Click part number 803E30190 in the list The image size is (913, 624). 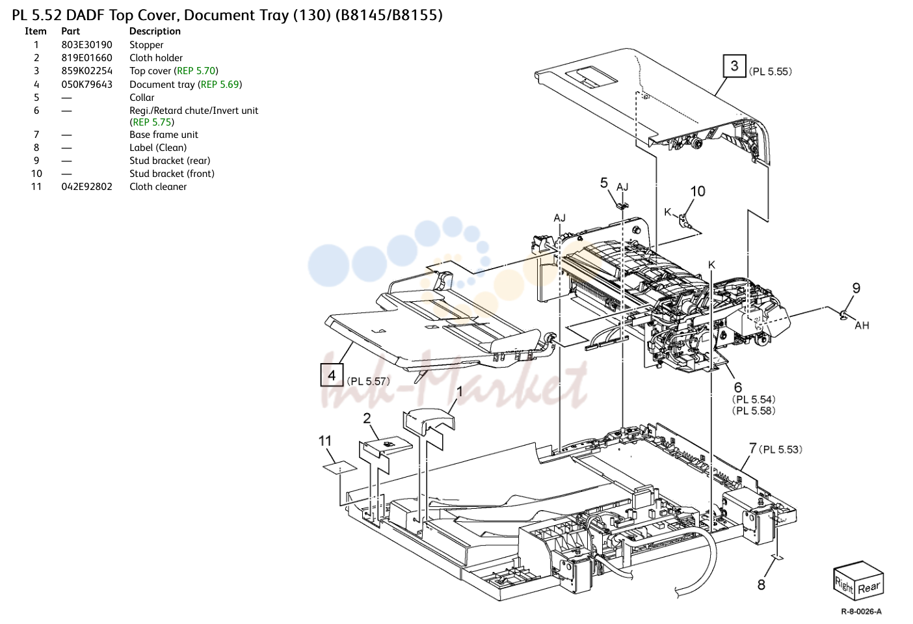pos(87,45)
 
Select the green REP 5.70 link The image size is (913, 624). pos(196,71)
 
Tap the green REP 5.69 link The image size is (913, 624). pos(220,85)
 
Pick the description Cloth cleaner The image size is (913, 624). pos(158,187)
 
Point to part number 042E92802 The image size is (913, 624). pos(87,187)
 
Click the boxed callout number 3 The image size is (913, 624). pos(734,66)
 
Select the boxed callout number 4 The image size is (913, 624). pos(332,375)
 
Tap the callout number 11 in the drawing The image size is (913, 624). pos(325,441)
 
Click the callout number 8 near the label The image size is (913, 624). pos(761,585)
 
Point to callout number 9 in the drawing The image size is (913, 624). pos(856,288)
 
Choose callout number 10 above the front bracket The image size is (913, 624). pos(698,191)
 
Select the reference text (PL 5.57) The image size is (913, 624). pos(369,381)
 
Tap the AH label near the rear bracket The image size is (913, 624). pos(862,325)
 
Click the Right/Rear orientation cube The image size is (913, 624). pos(858,581)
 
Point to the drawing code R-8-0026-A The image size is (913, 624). pos(861,612)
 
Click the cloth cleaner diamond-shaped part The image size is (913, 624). pos(340,467)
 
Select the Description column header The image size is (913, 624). pos(155,31)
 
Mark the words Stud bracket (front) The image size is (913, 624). pos(172,174)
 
